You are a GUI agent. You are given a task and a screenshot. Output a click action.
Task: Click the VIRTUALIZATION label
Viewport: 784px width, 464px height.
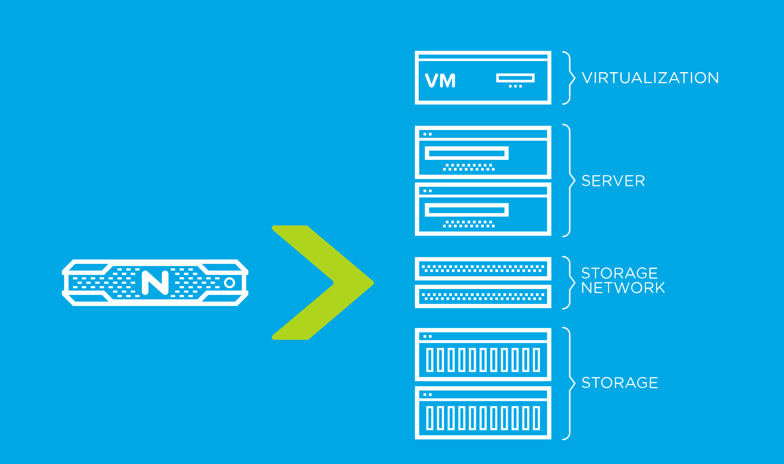pos(650,78)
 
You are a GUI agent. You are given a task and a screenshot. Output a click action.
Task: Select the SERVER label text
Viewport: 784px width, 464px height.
pos(613,181)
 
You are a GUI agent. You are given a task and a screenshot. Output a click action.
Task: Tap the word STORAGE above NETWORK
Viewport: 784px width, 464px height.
pos(619,273)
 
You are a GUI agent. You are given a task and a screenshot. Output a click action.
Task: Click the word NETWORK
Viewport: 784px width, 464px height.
pos(623,288)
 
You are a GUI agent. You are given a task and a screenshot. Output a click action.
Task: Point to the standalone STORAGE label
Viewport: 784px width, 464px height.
pos(620,382)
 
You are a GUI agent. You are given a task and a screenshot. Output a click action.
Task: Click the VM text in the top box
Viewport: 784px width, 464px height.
pos(440,81)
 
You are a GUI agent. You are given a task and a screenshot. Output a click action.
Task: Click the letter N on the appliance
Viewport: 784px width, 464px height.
pos(155,282)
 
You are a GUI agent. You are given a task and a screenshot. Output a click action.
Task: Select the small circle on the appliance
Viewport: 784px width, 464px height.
pos(229,282)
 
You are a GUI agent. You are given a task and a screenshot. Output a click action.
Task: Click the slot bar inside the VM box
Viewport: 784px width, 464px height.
pos(516,78)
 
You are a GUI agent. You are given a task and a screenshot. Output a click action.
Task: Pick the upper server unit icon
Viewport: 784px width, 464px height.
pos(483,152)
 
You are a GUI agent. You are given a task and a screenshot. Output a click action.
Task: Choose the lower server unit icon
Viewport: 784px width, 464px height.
pos(483,209)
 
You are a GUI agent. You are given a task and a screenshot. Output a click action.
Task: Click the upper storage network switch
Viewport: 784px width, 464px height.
pos(483,269)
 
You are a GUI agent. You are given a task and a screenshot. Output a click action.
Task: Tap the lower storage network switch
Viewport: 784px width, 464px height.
pos(483,296)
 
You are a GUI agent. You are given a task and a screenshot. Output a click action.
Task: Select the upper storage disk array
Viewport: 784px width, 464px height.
pos(483,355)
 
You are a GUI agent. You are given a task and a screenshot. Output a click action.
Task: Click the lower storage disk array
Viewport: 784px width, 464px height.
pos(483,413)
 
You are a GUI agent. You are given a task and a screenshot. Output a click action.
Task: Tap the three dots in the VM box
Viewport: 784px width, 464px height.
pos(516,86)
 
